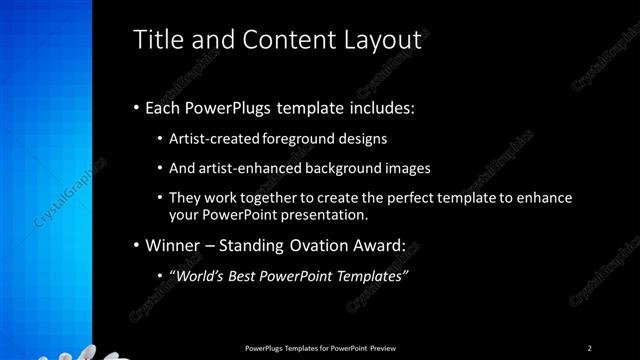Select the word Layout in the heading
click(x=385, y=40)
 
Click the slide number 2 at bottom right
click(x=589, y=347)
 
